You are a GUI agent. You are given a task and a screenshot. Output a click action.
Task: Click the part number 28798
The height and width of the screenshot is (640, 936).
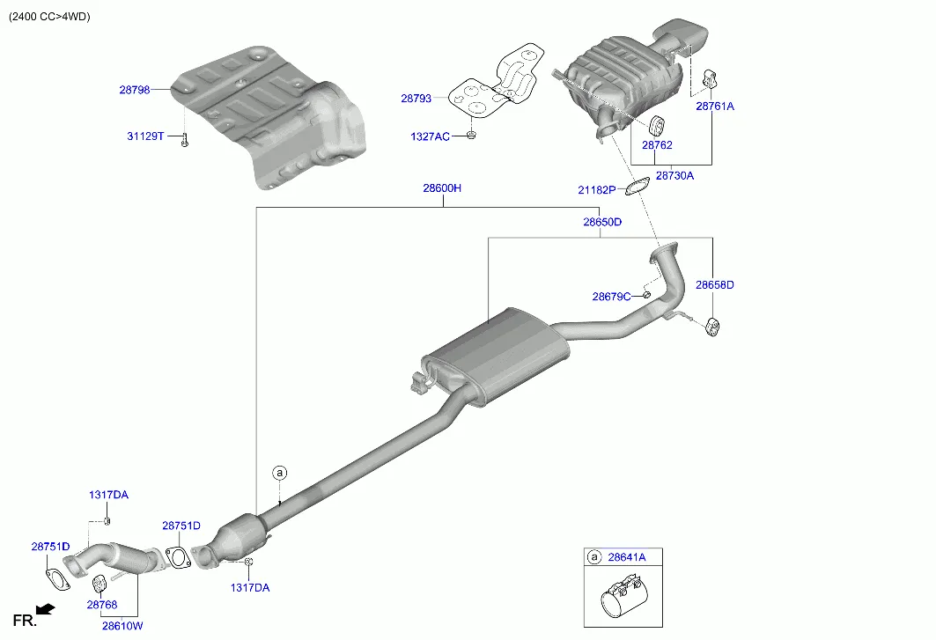coord(135,90)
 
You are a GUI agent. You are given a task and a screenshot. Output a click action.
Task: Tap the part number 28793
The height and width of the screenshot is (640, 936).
coord(416,99)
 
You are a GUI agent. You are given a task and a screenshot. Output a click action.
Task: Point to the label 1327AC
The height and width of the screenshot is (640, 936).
coord(430,136)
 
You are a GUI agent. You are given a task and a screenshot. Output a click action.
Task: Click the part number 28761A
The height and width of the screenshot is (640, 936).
coord(714,106)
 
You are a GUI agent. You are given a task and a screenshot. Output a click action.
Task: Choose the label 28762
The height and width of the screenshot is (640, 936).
coord(657,144)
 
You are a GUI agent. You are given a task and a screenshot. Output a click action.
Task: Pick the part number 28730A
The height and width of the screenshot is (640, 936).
coord(674,175)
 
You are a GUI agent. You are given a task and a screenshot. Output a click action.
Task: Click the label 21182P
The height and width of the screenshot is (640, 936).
coord(596,189)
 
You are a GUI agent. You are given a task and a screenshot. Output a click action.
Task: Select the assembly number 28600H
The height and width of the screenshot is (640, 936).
coord(442,188)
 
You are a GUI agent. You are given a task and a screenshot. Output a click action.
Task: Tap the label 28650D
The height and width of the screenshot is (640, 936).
coord(602,222)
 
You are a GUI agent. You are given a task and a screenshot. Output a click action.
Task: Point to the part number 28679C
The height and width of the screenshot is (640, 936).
coord(611,297)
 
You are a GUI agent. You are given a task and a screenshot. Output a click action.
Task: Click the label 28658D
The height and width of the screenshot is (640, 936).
coord(714,284)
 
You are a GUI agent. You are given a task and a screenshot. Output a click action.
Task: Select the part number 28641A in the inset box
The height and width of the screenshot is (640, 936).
coord(626,557)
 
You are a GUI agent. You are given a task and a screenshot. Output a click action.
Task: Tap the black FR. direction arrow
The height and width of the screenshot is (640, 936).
coord(46,608)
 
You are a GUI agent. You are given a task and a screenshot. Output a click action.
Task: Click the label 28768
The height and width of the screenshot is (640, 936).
coord(101,605)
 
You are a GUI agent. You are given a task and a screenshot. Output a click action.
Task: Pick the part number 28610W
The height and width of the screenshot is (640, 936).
coord(122,626)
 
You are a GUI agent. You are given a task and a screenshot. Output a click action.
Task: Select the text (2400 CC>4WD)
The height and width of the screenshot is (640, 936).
coord(49,17)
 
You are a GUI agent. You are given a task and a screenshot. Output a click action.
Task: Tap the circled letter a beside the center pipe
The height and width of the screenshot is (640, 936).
coord(280,474)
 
